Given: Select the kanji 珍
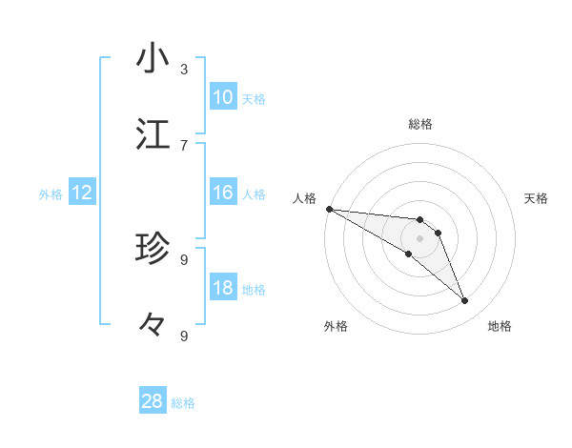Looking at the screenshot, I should (x=153, y=249).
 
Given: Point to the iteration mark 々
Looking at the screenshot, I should (x=153, y=325).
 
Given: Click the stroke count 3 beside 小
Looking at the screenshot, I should (x=184, y=70).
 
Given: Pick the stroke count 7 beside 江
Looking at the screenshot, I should (x=184, y=145).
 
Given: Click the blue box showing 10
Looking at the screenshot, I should (x=223, y=97).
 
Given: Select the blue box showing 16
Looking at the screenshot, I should (x=223, y=193).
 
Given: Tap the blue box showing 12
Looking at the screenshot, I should (x=82, y=193).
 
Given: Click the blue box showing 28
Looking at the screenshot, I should (x=153, y=401).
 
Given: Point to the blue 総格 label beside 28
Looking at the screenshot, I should (x=183, y=403).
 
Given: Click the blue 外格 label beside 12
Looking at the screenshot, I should (x=51, y=194).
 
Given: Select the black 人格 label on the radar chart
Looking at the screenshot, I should (x=304, y=198).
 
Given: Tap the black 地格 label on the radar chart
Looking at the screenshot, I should (x=500, y=326).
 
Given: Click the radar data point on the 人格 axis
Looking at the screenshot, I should (x=329, y=209).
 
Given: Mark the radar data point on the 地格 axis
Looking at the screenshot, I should (x=465, y=301).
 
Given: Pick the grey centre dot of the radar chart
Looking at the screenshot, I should (x=420, y=238).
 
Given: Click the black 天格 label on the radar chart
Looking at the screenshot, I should (x=537, y=198).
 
